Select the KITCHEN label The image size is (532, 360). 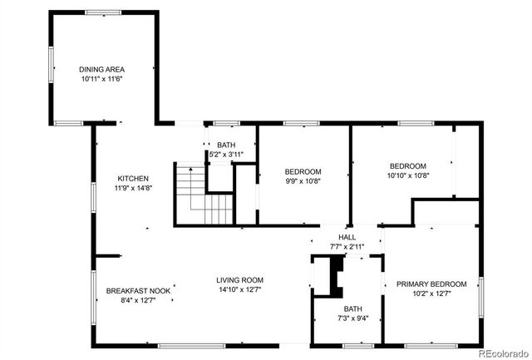(133, 179)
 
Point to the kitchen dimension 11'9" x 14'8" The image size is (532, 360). (133, 189)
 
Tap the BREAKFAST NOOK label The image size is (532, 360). (138, 290)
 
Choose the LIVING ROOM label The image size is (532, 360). (240, 280)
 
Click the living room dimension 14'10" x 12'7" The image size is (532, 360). (240, 290)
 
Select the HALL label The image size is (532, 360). (347, 237)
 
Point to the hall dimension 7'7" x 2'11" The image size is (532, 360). (347, 247)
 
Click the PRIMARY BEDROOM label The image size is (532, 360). (431, 284)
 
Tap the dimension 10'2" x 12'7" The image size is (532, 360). (431, 293)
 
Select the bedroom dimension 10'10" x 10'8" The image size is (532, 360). (408, 175)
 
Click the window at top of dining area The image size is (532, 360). (103, 12)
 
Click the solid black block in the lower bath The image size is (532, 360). (335, 276)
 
